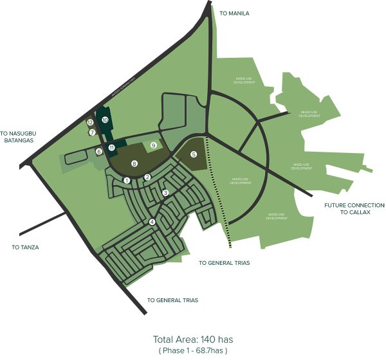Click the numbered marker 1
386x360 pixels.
[x=127, y=181]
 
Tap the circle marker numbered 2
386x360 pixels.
[x=147, y=177]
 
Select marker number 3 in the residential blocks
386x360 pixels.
[x=165, y=193]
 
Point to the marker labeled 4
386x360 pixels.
[x=152, y=222]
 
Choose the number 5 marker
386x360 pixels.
[x=194, y=155]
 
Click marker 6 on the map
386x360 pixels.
[x=99, y=152]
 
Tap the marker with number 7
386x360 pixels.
[x=93, y=132]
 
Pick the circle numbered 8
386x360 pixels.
[x=134, y=164]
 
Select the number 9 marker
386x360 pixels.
[x=153, y=146]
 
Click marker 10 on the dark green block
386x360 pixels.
[x=104, y=119]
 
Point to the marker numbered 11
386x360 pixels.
[x=111, y=148]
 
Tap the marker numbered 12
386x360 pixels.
[x=90, y=122]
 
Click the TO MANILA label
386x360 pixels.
[x=234, y=13]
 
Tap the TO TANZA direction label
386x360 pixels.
[x=26, y=247]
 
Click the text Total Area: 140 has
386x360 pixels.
[x=192, y=339]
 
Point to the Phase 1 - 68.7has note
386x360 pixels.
[x=192, y=350]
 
